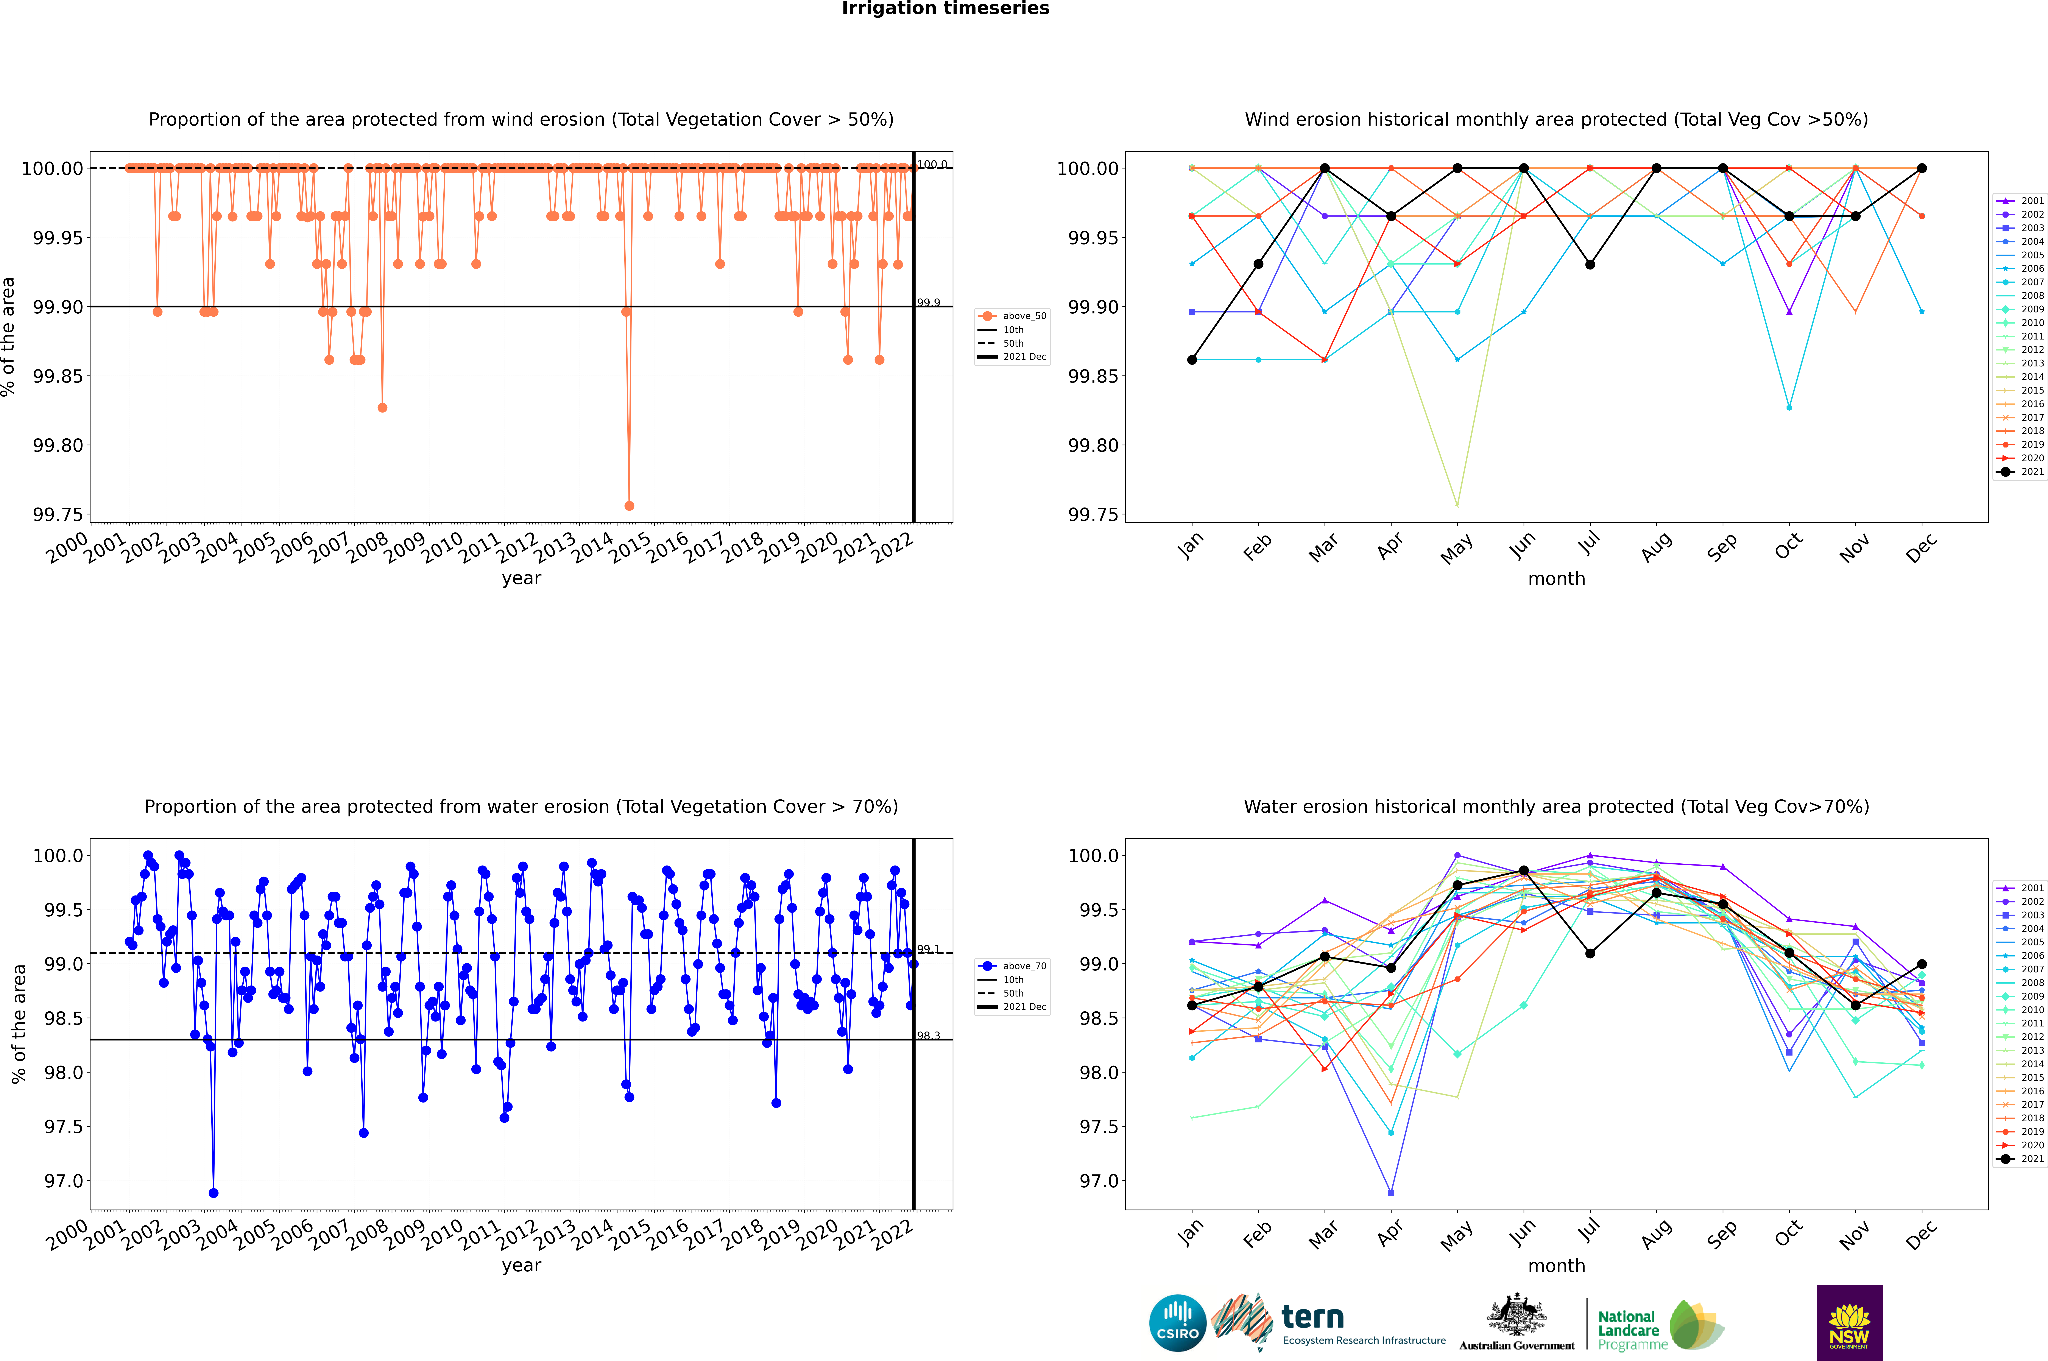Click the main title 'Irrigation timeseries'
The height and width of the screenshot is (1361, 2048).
pyautogui.click(x=945, y=9)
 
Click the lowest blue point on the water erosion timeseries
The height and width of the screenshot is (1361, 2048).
pyautogui.click(x=214, y=1193)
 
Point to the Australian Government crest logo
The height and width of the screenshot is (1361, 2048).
pyautogui.click(x=1517, y=1323)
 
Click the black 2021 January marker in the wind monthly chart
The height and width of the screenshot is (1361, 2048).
pyautogui.click(x=1192, y=359)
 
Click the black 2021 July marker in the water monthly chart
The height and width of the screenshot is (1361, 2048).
pyautogui.click(x=1590, y=953)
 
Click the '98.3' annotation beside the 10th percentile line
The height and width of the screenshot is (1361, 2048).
pyautogui.click(x=928, y=1036)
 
